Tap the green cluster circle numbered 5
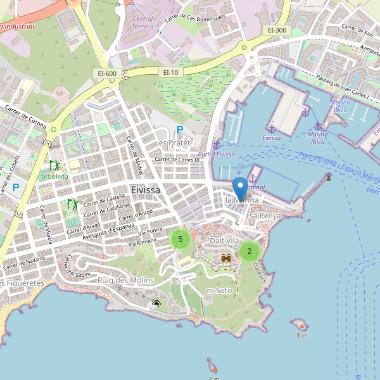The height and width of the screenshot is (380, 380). coord(180,239)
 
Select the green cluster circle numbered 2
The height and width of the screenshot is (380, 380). coord(249,251)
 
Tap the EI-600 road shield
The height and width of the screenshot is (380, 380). coord(107,73)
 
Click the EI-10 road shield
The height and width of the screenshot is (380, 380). coord(172,73)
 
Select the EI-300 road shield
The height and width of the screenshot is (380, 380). coord(277,30)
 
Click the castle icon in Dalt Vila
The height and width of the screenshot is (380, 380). coord(225,258)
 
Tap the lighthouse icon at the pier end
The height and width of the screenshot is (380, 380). coord(328,177)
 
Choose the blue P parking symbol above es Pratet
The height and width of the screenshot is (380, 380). coord(180,130)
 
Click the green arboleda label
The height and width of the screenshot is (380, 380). coord(55,175)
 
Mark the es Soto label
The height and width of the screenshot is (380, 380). coord(218,290)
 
